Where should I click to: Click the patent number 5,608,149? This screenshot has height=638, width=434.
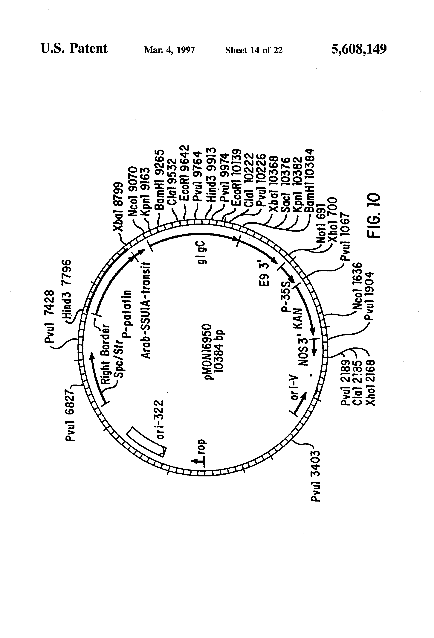pos(359,49)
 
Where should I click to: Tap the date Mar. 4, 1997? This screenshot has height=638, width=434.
pos(169,50)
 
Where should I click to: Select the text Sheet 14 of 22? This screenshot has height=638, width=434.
pos(254,50)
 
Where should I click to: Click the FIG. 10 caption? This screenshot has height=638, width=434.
pos(374,215)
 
